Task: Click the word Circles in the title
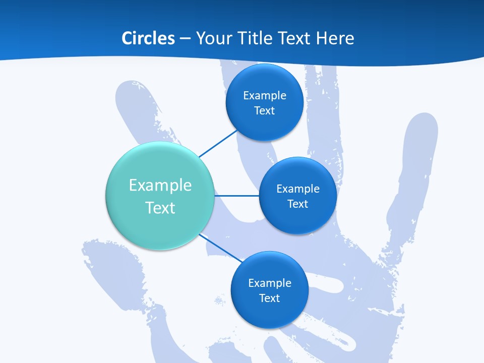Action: tap(148, 38)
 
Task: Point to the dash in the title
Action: tap(185, 39)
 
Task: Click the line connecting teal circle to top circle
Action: tap(218, 144)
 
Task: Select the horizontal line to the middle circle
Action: tap(236, 196)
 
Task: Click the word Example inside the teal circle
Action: tap(160, 185)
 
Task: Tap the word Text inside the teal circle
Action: tap(160, 208)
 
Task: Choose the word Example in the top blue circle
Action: tap(265, 96)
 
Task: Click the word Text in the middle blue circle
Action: tap(297, 204)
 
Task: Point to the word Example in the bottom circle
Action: tap(270, 283)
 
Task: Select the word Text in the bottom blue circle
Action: tap(269, 298)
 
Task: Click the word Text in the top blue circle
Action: tap(264, 111)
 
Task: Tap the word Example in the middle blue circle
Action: tap(298, 189)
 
